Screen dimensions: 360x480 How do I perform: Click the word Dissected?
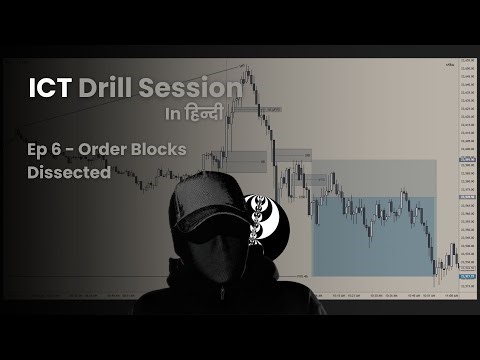click(70, 172)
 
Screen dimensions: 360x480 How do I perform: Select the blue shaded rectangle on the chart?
click(375, 235)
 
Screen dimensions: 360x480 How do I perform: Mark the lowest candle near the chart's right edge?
click(437, 272)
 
